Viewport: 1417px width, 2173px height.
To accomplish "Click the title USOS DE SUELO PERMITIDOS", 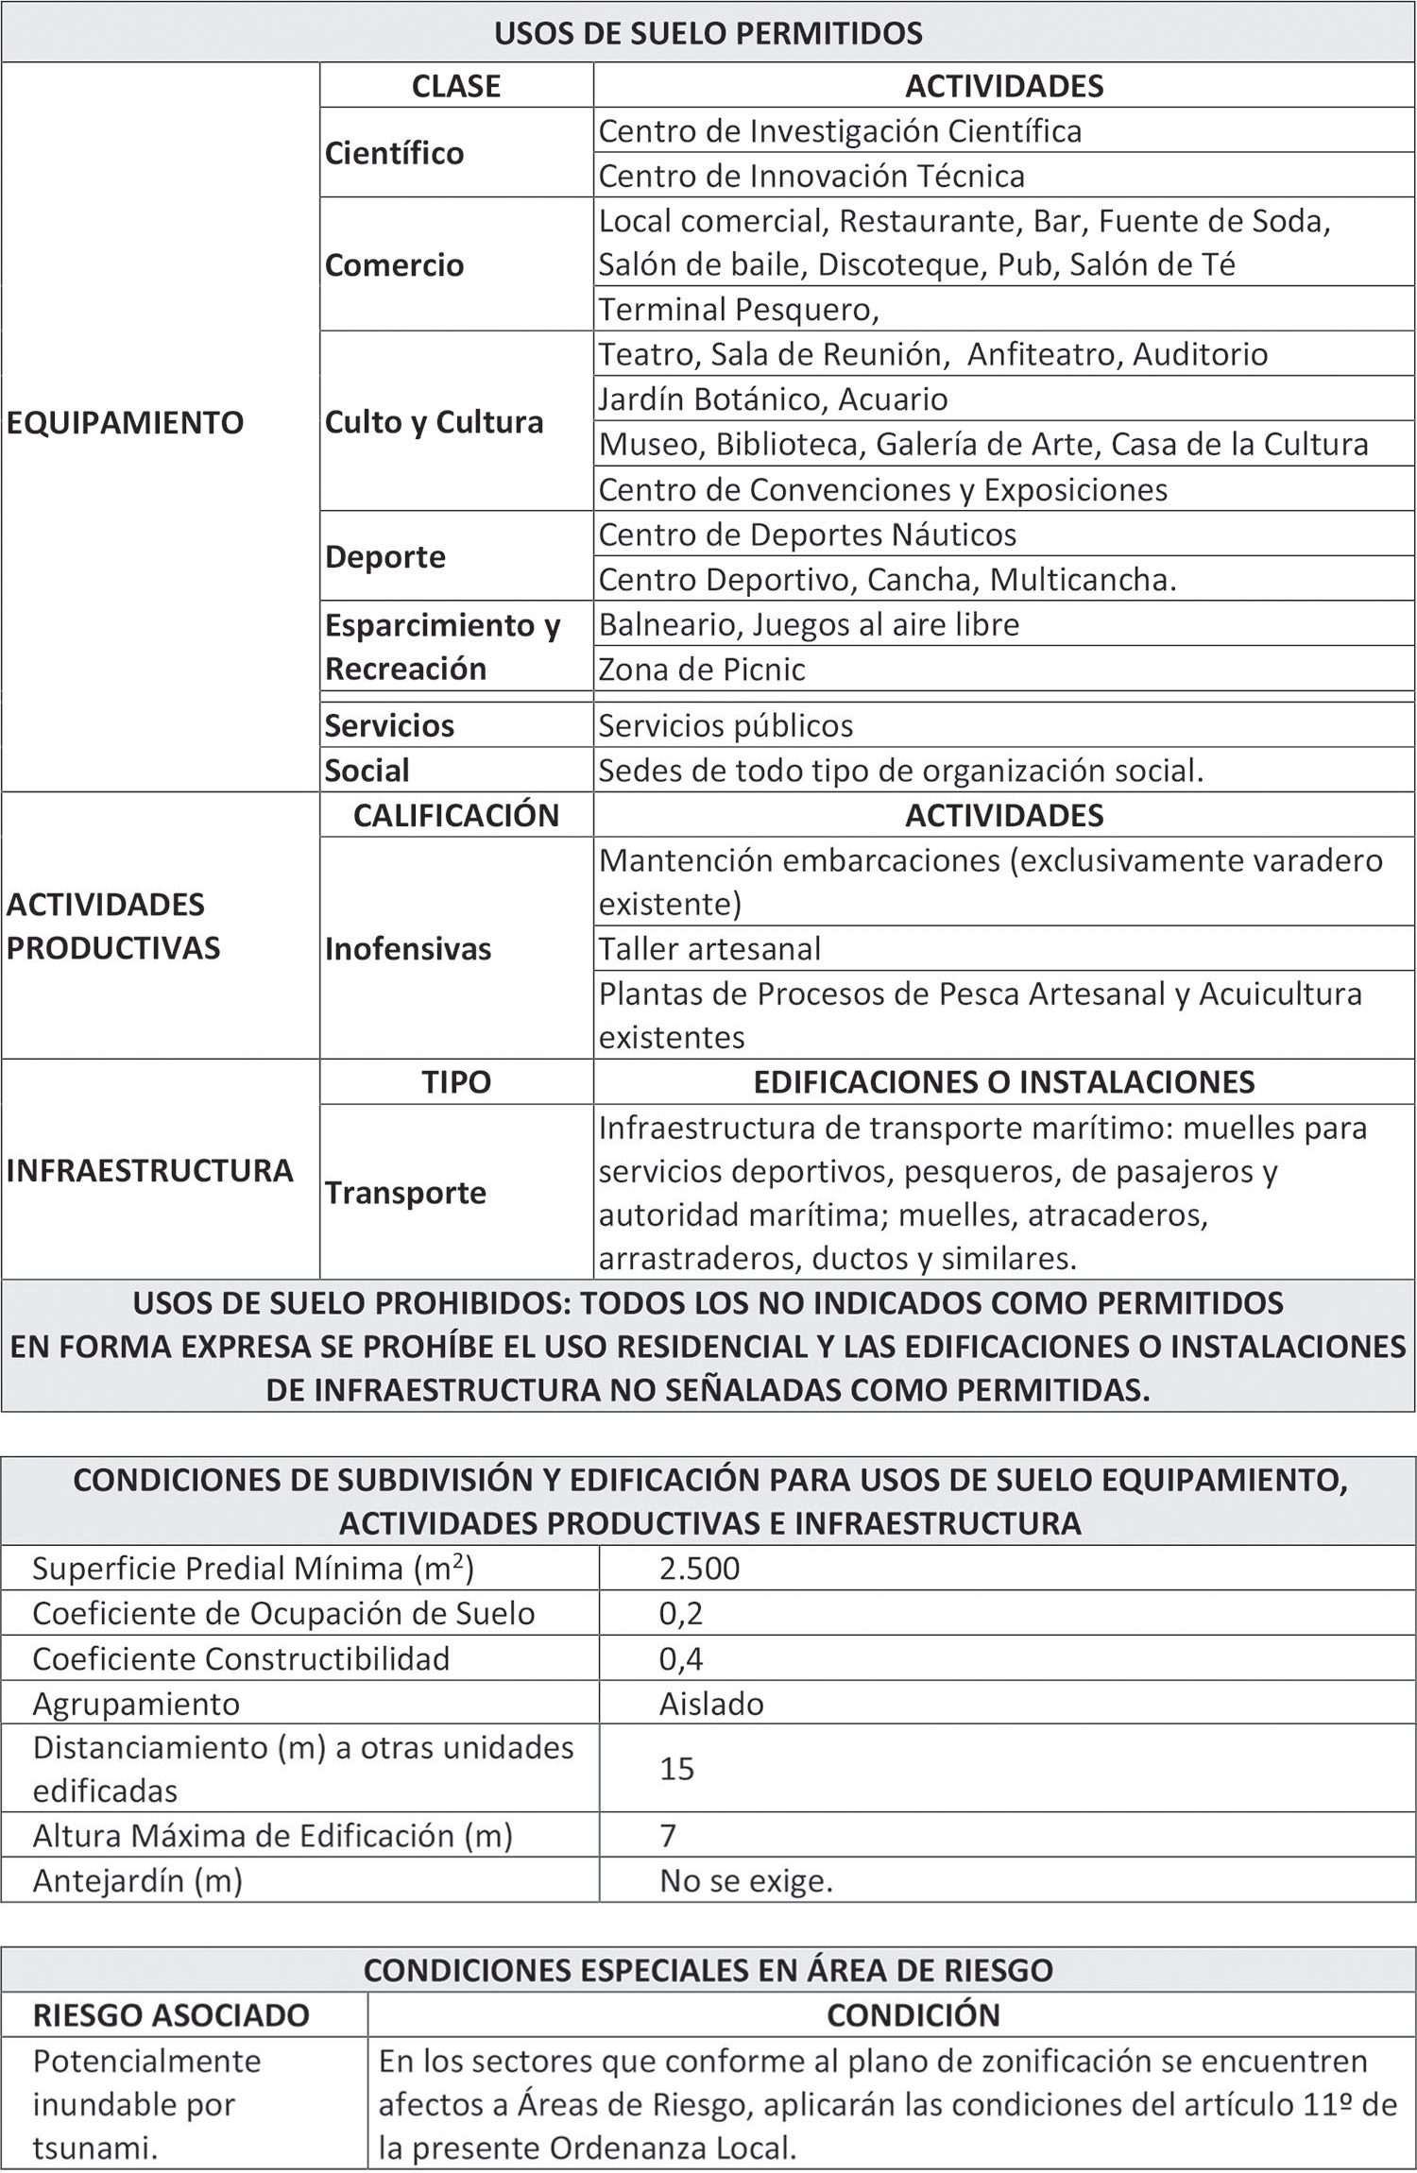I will coord(708,34).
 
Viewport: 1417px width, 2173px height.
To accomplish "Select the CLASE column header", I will coord(455,86).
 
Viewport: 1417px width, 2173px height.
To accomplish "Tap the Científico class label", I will coord(394,153).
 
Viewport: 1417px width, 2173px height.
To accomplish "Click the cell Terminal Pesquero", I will coord(739,309).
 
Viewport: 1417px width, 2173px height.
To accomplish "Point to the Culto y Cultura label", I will coord(434,422).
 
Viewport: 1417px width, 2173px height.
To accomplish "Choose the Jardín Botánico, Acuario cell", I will coord(773,399).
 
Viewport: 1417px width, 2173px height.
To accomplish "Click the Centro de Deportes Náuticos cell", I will coord(807,535).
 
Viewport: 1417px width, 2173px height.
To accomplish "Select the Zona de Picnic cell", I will coord(702,670).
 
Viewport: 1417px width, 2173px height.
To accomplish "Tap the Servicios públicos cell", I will coord(726,725).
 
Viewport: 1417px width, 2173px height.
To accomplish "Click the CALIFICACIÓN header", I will coord(455,815).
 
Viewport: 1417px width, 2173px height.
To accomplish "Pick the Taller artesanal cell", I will coord(709,948).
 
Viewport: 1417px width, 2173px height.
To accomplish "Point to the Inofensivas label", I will coord(408,949).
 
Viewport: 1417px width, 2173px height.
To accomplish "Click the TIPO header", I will coord(455,1081).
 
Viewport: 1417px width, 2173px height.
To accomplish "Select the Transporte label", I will coord(405,1193).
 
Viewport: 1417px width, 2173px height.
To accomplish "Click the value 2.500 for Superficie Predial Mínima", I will coord(699,1569).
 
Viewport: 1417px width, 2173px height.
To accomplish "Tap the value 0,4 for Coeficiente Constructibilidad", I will coord(681,1659).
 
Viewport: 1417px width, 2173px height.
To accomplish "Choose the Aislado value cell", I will coord(711,1704).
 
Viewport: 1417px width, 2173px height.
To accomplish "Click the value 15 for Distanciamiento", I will coord(676,1769).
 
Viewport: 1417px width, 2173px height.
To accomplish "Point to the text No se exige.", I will coord(746,1881).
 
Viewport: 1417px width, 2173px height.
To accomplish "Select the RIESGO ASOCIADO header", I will coord(171,2015).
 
